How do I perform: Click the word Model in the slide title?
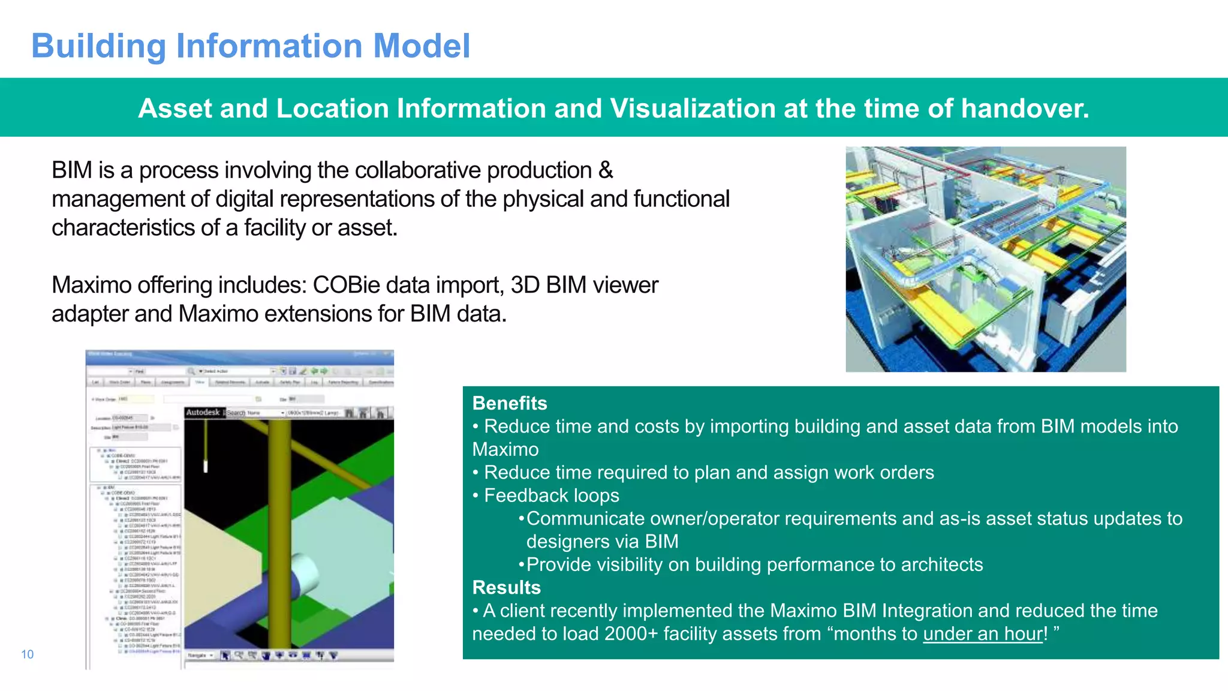point(422,46)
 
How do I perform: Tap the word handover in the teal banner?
point(1025,109)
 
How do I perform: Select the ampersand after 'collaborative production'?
point(606,170)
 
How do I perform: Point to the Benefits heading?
point(510,403)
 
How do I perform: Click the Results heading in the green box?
point(506,587)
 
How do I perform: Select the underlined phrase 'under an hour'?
point(983,633)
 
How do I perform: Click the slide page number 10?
point(28,654)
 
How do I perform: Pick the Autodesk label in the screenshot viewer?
point(203,412)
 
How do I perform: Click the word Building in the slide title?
point(99,46)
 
